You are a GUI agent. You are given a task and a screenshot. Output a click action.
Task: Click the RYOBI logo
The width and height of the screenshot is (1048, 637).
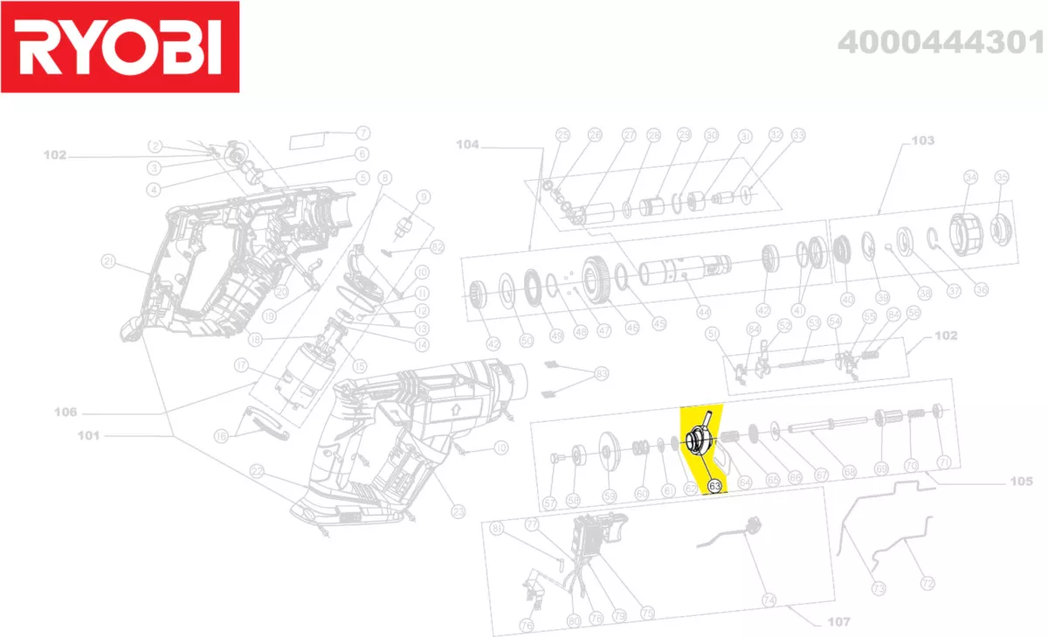coord(120,46)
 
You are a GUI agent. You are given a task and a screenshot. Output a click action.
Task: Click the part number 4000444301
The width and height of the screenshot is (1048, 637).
coord(940,43)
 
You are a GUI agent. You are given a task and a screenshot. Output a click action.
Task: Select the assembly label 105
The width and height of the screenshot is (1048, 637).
coord(1020,481)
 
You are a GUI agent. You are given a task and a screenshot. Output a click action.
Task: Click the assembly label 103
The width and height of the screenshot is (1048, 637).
coord(922,140)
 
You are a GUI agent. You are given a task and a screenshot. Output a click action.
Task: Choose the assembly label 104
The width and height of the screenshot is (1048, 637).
coord(467,144)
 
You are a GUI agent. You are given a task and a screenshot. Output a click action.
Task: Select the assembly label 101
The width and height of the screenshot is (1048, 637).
coord(65,434)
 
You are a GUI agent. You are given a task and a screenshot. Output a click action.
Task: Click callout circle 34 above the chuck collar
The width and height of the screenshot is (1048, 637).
coord(971,177)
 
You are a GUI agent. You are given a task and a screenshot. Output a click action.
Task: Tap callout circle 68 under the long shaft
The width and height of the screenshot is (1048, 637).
coord(849,472)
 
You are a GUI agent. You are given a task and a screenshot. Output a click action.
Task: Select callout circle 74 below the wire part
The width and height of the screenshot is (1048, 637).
coord(768,601)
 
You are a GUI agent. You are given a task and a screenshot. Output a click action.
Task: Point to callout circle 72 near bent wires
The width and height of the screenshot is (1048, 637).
coord(927,582)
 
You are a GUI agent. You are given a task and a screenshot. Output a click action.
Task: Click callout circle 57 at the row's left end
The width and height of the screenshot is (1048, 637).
coord(549,503)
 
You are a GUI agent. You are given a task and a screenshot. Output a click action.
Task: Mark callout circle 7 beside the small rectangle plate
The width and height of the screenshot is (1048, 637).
coord(363,133)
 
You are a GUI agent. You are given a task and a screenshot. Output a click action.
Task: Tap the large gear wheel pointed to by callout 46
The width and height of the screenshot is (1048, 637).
coord(598,281)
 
